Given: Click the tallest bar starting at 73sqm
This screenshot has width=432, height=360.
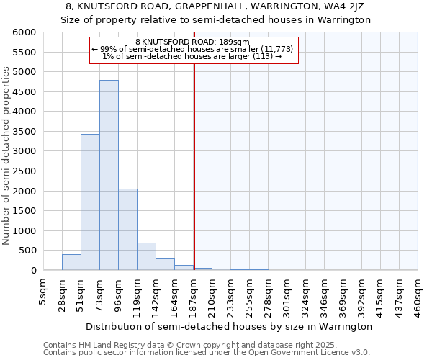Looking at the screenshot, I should tap(109, 175).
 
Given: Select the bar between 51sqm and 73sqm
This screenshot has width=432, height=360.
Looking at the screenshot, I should tap(90, 202).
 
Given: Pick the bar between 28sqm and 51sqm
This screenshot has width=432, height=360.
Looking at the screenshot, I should tap(71, 262).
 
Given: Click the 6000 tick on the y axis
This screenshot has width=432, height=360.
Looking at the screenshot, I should tap(24, 33).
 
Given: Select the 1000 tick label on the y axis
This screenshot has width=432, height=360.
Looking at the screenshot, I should tap(24, 231).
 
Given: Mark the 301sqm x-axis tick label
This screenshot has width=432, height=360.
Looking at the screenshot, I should tap(287, 293).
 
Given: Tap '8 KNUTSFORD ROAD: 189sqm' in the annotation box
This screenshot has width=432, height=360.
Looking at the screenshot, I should tap(193, 42).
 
